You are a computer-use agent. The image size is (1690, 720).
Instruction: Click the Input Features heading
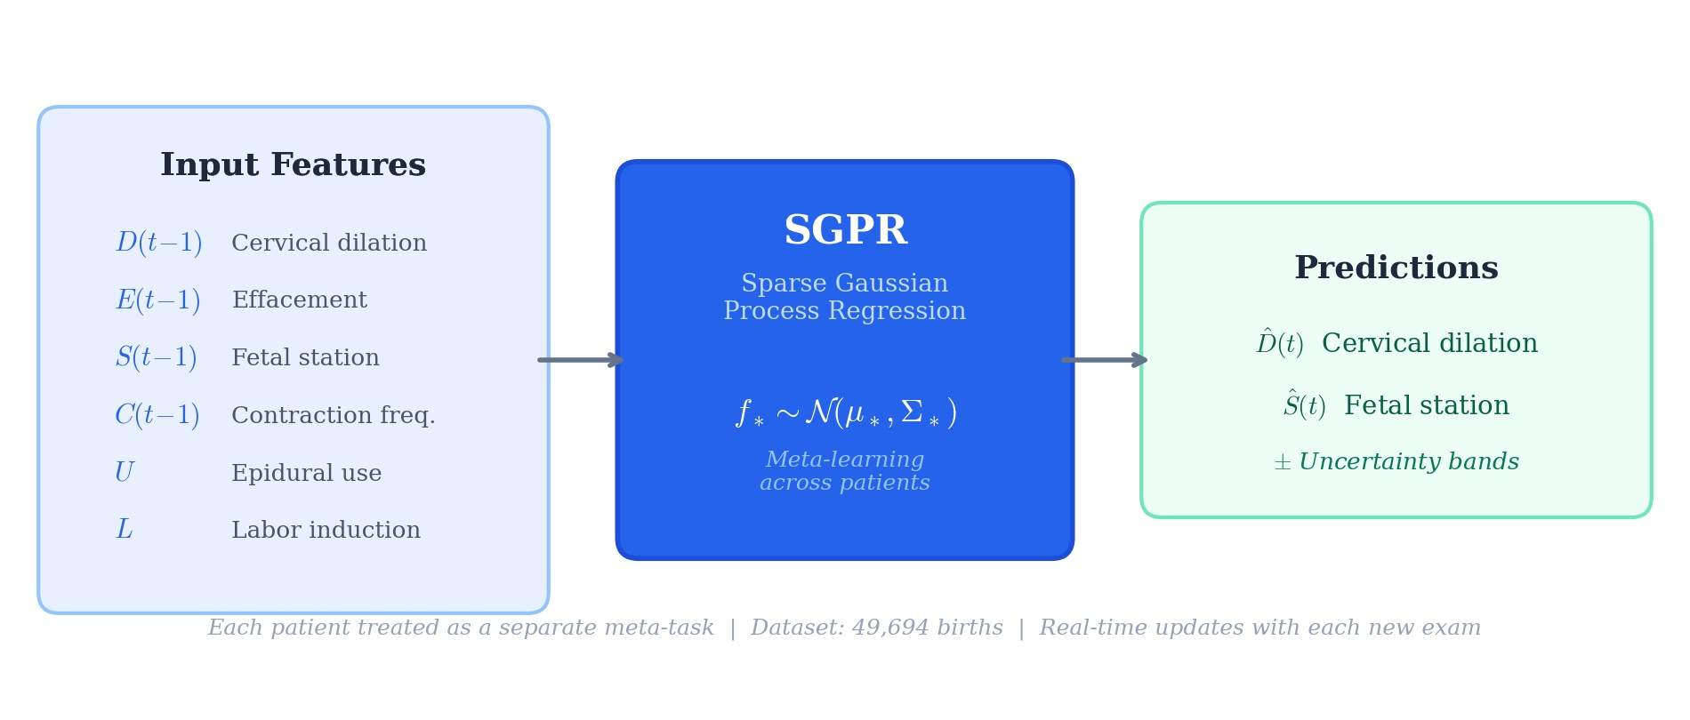[x=293, y=165]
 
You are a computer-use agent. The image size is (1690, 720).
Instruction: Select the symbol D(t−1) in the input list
[x=158, y=244]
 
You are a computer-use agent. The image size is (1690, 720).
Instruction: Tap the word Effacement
[x=299, y=300]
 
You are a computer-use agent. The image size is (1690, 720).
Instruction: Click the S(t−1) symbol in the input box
[x=156, y=358]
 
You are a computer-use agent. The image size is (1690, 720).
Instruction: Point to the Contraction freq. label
[x=333, y=416]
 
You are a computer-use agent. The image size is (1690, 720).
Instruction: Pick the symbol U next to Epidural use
[x=125, y=473]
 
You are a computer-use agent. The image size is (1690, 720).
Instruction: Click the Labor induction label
[x=326, y=531]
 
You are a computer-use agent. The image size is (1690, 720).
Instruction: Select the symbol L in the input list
[x=124, y=531]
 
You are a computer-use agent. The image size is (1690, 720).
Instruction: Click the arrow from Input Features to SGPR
[x=581, y=360]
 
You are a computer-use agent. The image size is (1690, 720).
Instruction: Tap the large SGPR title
[x=844, y=231]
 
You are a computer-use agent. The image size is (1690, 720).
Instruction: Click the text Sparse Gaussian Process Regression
[x=844, y=298]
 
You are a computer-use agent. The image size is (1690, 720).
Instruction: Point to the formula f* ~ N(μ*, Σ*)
[x=845, y=412]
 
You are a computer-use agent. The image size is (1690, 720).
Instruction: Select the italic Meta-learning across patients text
[x=844, y=472]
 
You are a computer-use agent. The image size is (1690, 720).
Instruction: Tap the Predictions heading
[x=1396, y=268]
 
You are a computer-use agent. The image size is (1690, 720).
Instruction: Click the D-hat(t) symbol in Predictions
[x=1279, y=344]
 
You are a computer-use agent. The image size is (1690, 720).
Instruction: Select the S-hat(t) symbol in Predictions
[x=1304, y=406]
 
